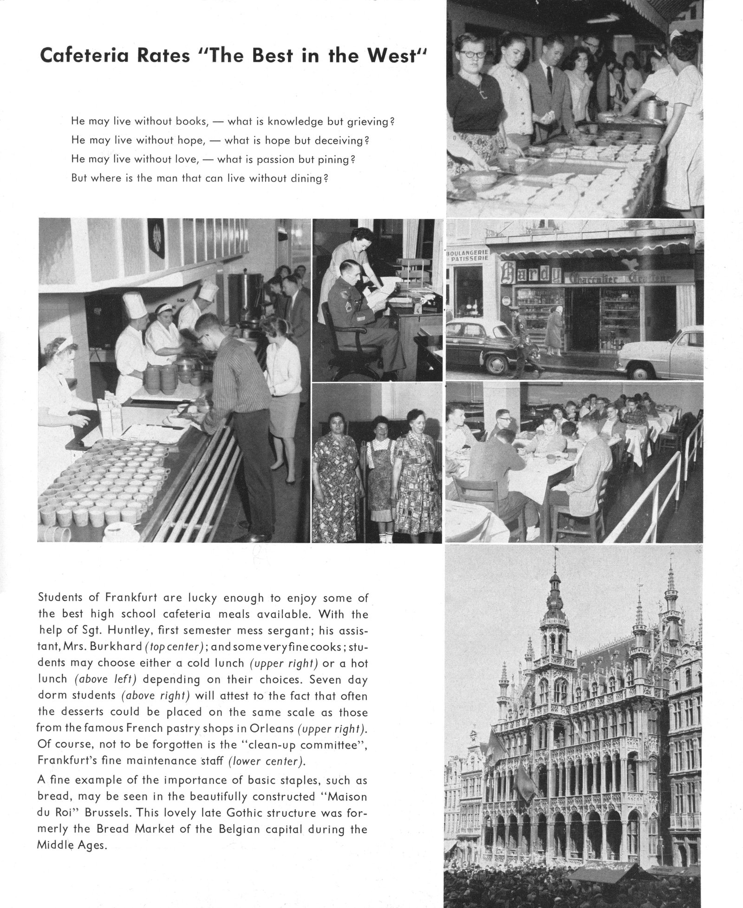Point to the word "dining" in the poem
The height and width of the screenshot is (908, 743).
coord(305,178)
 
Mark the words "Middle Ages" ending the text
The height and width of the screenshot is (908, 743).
coord(72,845)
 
